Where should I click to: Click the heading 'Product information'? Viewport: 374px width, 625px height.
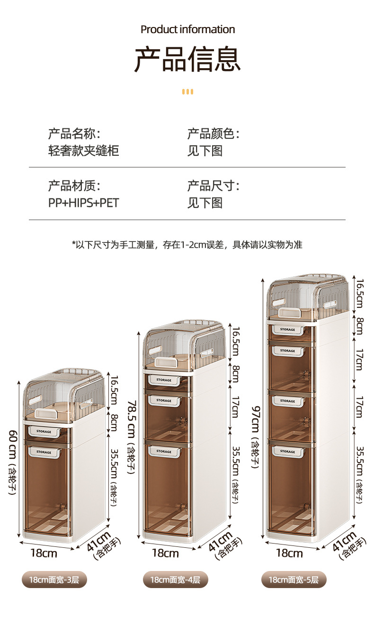pyautogui.click(x=187, y=29)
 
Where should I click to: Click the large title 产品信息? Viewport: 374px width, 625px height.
pyautogui.click(x=187, y=60)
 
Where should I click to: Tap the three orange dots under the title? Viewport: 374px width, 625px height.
pyautogui.click(x=187, y=91)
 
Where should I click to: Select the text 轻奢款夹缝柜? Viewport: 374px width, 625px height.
pyautogui.click(x=83, y=151)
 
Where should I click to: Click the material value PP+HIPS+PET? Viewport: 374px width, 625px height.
pyautogui.click(x=83, y=203)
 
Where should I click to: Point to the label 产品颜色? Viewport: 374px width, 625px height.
pyautogui.click(x=213, y=134)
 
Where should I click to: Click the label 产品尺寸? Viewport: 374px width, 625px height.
pyautogui.click(x=213, y=186)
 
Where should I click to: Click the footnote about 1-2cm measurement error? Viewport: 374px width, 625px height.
pyautogui.click(x=187, y=245)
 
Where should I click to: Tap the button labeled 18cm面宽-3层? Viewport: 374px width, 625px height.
pyautogui.click(x=54, y=579)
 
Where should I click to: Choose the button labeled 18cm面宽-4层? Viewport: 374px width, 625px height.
pyautogui.click(x=176, y=579)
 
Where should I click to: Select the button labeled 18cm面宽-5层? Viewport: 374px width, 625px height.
pyautogui.click(x=294, y=579)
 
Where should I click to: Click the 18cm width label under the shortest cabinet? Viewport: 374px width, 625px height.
pyautogui.click(x=44, y=553)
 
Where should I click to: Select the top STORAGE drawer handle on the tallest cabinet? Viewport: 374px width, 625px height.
pyautogui.click(x=287, y=330)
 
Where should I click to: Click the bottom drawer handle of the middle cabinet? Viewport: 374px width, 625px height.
pyautogui.click(x=164, y=452)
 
